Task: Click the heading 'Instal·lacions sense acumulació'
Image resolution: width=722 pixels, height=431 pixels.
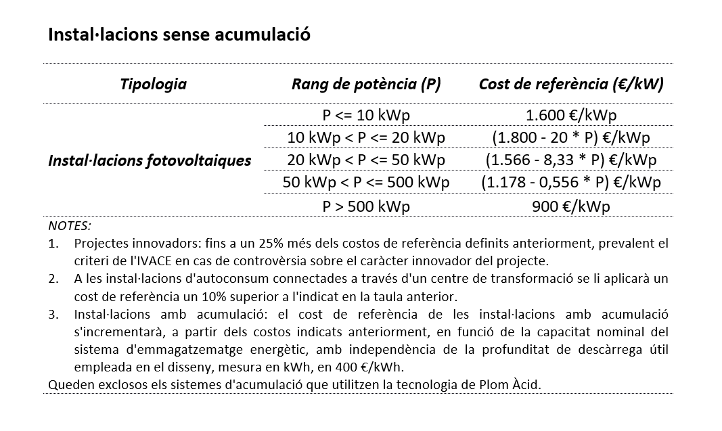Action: point(179,35)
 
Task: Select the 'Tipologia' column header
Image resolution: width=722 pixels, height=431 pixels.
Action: point(153,85)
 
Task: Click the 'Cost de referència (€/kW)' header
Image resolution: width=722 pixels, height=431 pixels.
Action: point(570,85)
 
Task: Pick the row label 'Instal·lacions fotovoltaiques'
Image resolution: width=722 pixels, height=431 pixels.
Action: point(150,161)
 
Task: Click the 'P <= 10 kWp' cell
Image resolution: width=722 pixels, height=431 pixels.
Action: point(365,115)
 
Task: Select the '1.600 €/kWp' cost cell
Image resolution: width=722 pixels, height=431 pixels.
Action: point(570,115)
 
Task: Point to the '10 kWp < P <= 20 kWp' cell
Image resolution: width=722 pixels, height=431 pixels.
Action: point(365,138)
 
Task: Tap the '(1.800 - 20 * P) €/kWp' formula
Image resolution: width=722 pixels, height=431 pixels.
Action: point(570,138)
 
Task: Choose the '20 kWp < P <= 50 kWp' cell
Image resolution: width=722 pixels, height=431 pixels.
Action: point(365,160)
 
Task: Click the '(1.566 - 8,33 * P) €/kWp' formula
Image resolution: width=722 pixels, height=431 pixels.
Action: point(570,160)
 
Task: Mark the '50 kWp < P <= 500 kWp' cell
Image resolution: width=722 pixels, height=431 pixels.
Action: point(365,183)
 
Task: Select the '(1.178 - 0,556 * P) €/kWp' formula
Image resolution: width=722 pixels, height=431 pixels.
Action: point(570,183)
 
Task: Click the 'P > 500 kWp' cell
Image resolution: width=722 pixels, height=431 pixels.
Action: point(365,206)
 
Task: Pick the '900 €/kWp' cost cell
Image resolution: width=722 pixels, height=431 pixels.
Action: point(570,206)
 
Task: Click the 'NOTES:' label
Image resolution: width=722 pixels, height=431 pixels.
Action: point(70,225)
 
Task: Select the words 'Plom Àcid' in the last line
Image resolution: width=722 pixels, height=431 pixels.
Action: point(515,384)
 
